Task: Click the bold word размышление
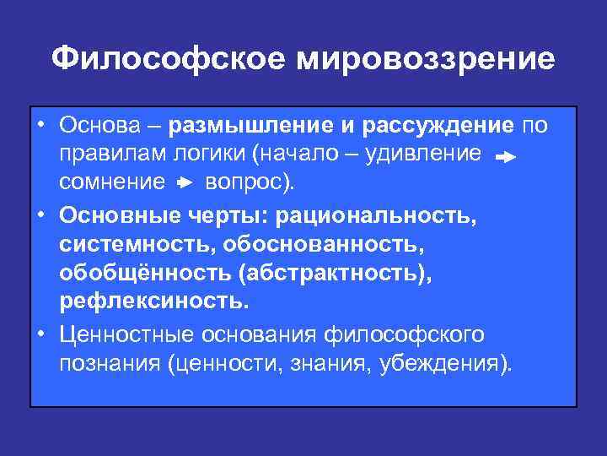(x=250, y=127)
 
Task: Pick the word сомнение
(x=112, y=181)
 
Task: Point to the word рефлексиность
(x=154, y=301)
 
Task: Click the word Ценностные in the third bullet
(x=126, y=334)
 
